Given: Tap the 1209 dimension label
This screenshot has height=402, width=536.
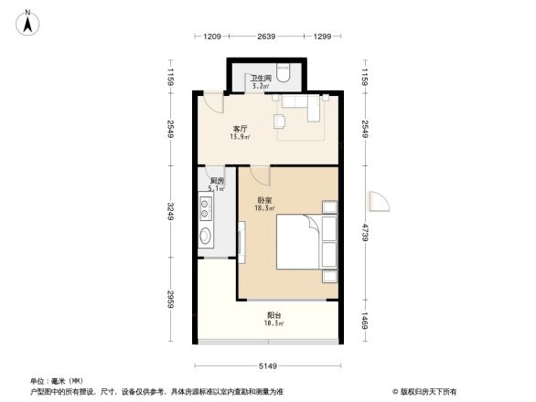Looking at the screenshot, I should [x=212, y=37].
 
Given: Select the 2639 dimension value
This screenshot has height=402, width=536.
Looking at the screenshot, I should [x=267, y=37].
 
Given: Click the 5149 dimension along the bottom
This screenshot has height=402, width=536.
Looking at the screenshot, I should [x=267, y=366].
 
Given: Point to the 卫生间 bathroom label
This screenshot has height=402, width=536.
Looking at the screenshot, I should [x=262, y=79].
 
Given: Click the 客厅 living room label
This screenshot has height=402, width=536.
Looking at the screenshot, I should [x=240, y=130].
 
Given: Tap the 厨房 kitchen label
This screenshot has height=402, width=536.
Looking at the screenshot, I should [x=217, y=181].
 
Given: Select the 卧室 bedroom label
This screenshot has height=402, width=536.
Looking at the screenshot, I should [x=262, y=201].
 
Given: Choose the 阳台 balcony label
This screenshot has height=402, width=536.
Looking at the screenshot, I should [x=273, y=316].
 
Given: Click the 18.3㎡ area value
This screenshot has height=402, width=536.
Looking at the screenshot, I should [x=262, y=209].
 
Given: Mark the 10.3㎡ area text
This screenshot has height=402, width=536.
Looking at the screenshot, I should [x=273, y=324].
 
